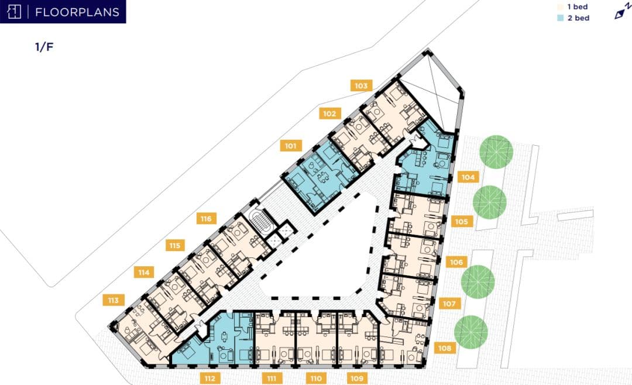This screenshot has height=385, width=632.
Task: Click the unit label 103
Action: pyautogui.click(x=361, y=85)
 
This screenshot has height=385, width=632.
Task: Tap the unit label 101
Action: pyautogui.click(x=291, y=146)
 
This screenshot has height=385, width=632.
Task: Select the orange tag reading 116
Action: pyautogui.click(x=206, y=219)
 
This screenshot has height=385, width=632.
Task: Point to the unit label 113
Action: pyautogui.click(x=114, y=300)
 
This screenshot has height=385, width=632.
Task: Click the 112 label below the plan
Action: pyautogui.click(x=209, y=379)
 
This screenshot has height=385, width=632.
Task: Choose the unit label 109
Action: pyautogui.click(x=357, y=379)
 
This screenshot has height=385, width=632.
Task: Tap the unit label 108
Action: pyautogui.click(x=445, y=348)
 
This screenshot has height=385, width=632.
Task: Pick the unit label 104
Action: pyautogui.click(x=468, y=177)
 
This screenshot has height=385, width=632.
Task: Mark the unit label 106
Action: pyautogui.click(x=456, y=262)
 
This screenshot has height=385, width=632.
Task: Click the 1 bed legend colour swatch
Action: pyautogui.click(x=560, y=7)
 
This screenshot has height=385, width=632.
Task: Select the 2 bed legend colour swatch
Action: pyautogui.click(x=560, y=18)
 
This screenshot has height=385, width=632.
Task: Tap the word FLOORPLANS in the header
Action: pyautogui.click(x=77, y=12)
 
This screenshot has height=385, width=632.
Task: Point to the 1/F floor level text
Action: pyautogui.click(x=44, y=47)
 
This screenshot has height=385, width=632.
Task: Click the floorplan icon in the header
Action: pyautogui.click(x=14, y=12)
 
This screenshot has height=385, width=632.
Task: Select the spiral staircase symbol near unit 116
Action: pyautogui.click(x=261, y=221)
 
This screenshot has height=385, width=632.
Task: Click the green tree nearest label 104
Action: pyautogui.click(x=496, y=152)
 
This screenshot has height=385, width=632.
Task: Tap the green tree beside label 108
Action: pyautogui.click(x=470, y=332)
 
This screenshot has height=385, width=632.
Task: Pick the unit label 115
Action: pyautogui.click(x=174, y=246)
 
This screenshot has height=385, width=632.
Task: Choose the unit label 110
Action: pyautogui.click(x=316, y=379)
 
